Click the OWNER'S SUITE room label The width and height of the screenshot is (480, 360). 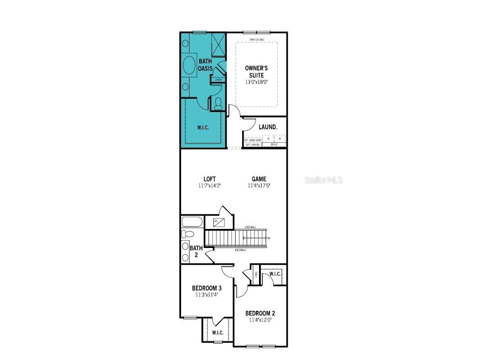(256, 72)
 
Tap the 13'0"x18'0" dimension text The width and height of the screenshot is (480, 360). (256, 82)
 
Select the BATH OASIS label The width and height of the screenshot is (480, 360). (205, 65)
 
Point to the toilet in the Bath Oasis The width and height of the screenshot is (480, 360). (218, 104)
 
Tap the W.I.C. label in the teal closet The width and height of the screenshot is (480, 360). (203, 128)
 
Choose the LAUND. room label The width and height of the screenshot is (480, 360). (268, 127)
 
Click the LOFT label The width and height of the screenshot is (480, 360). (210, 179)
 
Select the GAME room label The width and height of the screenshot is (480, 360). (259, 179)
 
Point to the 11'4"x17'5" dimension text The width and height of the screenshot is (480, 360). (259, 186)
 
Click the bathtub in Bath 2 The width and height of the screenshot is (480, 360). (192, 221)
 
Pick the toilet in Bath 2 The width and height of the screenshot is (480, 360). (187, 234)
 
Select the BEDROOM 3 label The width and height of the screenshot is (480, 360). (207, 288)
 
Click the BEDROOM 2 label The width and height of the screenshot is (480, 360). (260, 314)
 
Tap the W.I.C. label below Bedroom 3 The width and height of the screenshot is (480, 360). (217, 333)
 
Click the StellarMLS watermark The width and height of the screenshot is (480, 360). (324, 180)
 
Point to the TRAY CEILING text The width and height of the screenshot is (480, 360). (256, 40)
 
